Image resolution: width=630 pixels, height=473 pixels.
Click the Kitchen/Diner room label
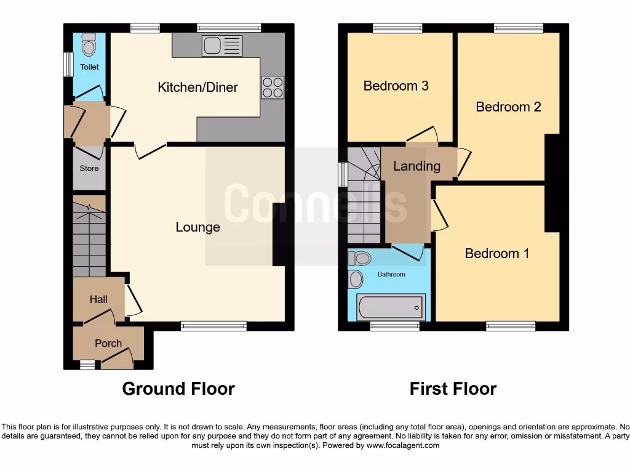(x=197, y=87)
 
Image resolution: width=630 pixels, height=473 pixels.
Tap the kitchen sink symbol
(x=222, y=46)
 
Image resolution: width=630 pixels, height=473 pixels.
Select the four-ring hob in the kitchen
(x=273, y=87)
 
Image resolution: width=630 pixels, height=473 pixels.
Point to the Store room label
(x=89, y=168)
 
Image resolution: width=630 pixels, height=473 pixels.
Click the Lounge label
(x=197, y=227)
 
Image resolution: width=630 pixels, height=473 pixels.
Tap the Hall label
(x=98, y=299)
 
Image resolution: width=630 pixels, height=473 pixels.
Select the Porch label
(x=108, y=343)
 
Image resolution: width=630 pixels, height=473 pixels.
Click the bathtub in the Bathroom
(x=391, y=306)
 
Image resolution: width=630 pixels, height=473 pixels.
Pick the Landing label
(x=417, y=166)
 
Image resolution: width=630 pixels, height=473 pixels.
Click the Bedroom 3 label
(x=396, y=86)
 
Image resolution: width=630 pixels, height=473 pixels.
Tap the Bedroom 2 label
(x=508, y=107)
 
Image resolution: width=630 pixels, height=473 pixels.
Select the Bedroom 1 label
(x=496, y=253)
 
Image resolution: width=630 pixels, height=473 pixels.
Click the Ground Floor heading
(x=178, y=389)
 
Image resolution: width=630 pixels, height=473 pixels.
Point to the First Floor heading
(x=453, y=389)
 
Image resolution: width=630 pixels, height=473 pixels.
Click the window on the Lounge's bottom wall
(x=213, y=326)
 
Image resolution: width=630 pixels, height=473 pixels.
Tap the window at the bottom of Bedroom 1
(x=511, y=326)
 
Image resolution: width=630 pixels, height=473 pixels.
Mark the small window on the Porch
(x=87, y=365)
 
